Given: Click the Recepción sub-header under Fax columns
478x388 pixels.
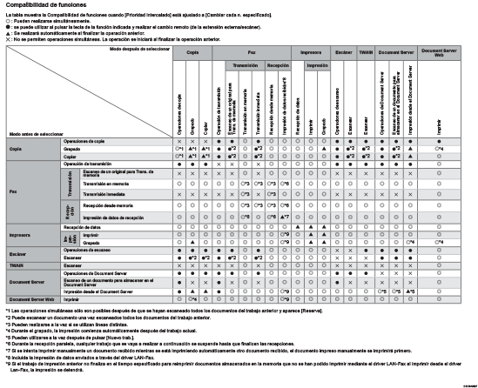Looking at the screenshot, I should click(x=277, y=65).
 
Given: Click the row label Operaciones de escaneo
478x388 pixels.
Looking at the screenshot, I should click(x=87, y=250).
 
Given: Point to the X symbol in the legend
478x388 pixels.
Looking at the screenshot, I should click(x=6, y=40).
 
